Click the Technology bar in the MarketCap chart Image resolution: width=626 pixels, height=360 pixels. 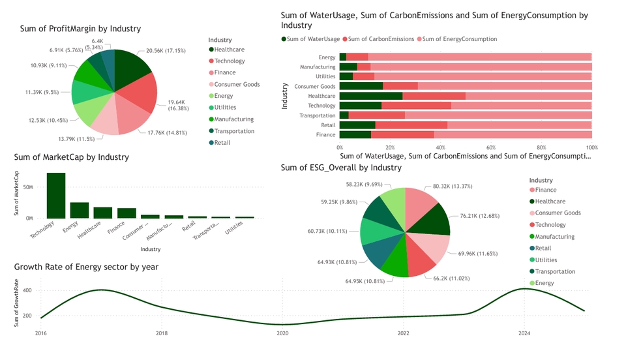click(x=56, y=196)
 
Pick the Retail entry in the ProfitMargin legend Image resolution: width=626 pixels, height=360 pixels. click(x=222, y=143)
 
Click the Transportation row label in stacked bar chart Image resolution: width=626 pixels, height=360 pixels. click(x=318, y=115)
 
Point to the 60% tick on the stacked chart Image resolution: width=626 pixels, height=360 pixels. click(x=491, y=147)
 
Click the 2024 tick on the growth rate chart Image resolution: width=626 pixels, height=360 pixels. click(x=524, y=333)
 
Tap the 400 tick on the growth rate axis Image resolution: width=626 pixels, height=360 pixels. click(x=27, y=291)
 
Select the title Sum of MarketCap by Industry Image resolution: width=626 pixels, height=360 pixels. click(x=71, y=157)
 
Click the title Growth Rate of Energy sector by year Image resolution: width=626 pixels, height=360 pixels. click(x=86, y=267)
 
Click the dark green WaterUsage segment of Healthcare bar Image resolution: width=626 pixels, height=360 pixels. click(x=370, y=96)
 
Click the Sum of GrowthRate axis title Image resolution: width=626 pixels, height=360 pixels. click(x=18, y=305)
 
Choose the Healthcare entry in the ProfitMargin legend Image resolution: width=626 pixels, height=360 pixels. click(x=228, y=50)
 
